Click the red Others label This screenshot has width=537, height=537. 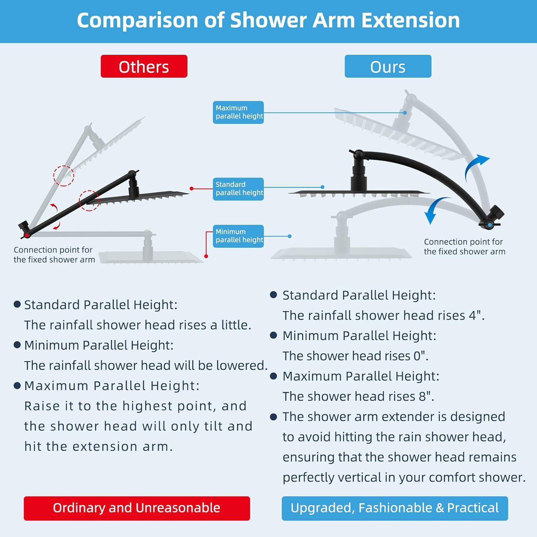[x=144, y=66]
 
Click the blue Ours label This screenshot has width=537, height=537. [x=388, y=66]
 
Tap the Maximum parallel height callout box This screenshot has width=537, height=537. [x=238, y=112]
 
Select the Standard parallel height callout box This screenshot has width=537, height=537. [x=238, y=189]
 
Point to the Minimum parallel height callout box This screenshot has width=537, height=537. [x=238, y=236]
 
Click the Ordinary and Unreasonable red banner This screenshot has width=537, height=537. [x=137, y=508]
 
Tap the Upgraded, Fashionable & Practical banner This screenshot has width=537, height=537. [x=395, y=508]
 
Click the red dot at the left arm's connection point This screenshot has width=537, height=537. [x=27, y=235]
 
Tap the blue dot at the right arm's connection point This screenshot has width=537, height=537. [x=490, y=225]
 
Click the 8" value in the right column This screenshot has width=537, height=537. [x=426, y=396]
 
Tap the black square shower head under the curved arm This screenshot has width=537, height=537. [x=359, y=194]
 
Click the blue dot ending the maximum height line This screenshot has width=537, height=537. [x=405, y=113]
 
